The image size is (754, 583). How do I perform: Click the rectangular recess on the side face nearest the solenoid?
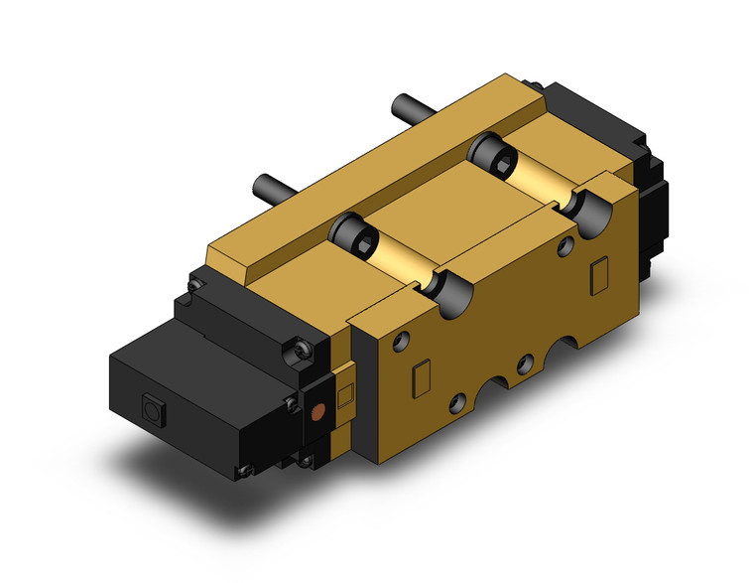[418, 377]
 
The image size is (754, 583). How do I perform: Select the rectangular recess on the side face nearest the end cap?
[597, 271]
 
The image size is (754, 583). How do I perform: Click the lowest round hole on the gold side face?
[456, 402]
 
